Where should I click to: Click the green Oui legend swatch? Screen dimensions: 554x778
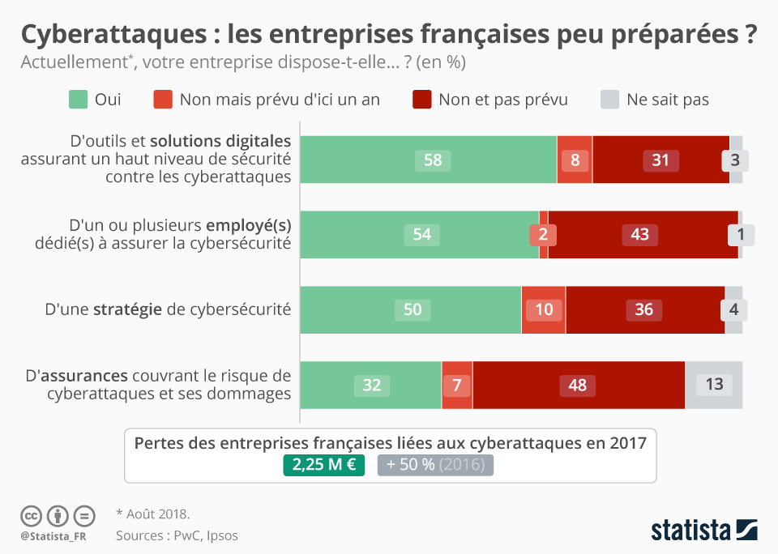point(78,100)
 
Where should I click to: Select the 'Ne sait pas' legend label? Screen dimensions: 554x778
point(667,100)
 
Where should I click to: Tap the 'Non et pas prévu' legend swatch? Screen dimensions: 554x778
point(422,100)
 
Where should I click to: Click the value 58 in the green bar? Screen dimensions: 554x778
point(433,160)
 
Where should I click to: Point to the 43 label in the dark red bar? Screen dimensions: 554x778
point(639,235)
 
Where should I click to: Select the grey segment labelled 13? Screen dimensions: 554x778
point(714,385)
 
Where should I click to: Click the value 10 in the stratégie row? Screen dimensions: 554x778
point(544,310)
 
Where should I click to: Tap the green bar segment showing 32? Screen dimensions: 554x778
point(371,385)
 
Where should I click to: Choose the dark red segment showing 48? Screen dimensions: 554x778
point(577,385)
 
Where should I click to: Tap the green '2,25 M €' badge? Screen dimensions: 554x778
point(324,465)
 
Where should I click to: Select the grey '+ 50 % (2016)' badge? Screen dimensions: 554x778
point(435,465)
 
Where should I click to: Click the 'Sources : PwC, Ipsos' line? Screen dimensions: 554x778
point(177,535)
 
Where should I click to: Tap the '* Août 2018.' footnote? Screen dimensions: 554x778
point(152,514)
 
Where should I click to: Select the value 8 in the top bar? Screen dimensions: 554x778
point(575,160)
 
